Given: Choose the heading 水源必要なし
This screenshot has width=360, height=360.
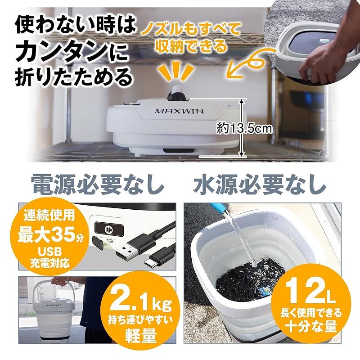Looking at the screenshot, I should (x=260, y=184).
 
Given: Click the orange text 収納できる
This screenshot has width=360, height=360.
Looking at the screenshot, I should (x=189, y=45).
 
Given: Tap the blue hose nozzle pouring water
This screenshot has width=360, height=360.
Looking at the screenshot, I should (x=219, y=208).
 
